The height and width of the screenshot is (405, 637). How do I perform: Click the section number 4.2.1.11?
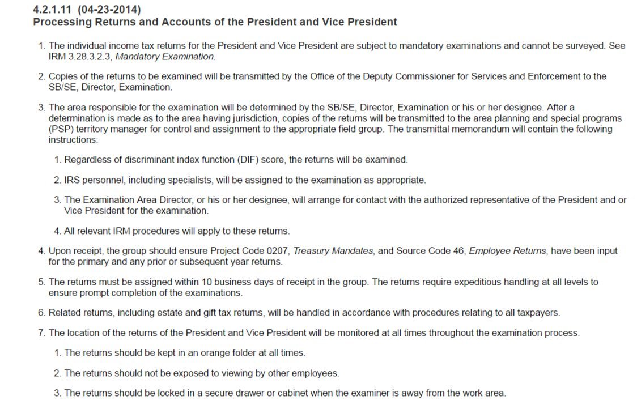tap(54, 10)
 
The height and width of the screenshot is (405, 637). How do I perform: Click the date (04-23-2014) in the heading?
tap(110, 10)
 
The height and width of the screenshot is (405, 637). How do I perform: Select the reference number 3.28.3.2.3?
tap(90, 57)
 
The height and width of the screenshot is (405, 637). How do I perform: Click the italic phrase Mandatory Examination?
tap(165, 57)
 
